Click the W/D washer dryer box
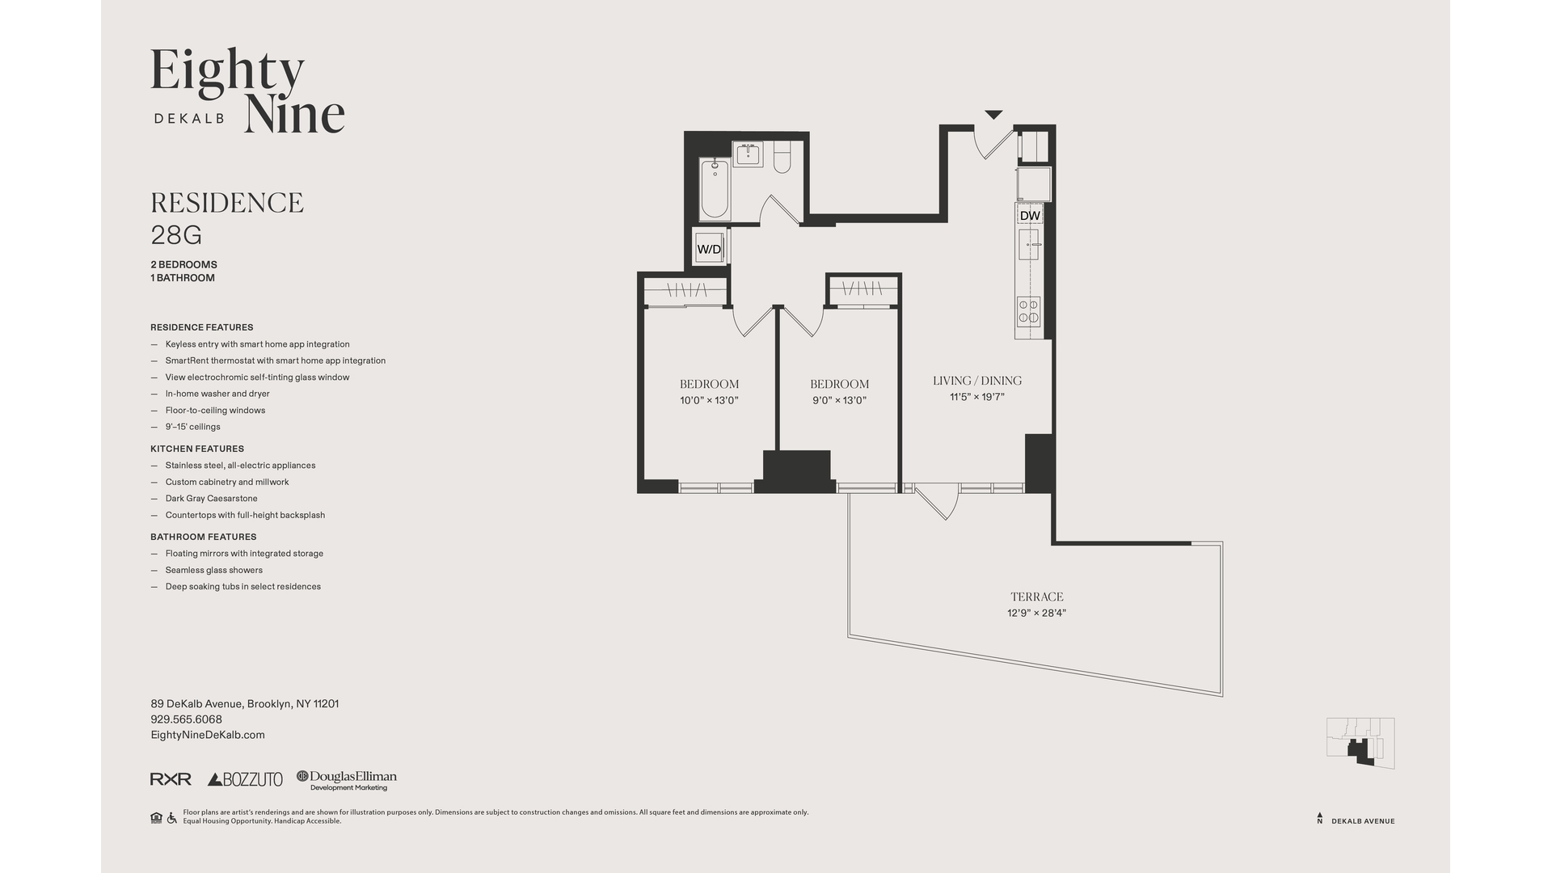click(709, 249)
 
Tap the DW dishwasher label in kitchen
click(1029, 216)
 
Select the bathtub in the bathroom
click(715, 190)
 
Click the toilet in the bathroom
click(782, 158)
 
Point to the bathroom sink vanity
click(748, 154)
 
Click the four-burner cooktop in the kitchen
click(1028, 311)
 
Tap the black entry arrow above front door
click(993, 115)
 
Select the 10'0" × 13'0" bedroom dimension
click(709, 400)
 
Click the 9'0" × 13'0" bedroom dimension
click(839, 400)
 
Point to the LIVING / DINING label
click(976, 381)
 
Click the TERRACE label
click(1036, 597)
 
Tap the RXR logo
click(171, 779)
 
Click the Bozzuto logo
click(245, 779)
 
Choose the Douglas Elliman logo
click(347, 779)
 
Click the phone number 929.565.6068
click(186, 719)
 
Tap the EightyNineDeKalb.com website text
click(208, 735)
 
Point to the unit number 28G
click(176, 235)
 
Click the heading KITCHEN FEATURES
click(196, 449)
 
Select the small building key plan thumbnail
click(1360, 743)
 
